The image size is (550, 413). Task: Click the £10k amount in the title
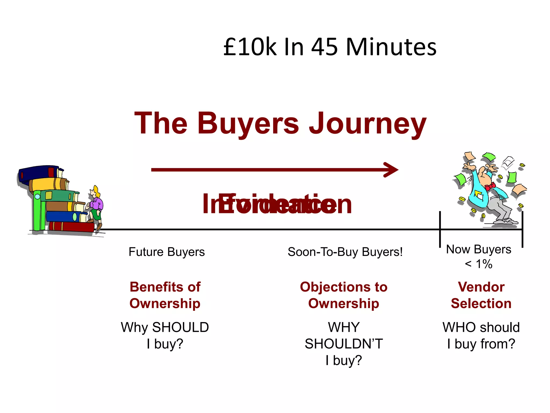click(x=250, y=47)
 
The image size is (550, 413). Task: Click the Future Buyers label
click(x=167, y=252)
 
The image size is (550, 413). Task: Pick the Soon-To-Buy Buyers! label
click(x=345, y=252)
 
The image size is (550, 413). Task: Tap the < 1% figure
click(x=479, y=264)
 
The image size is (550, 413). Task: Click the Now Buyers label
click(x=479, y=249)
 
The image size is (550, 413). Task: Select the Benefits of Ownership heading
click(x=165, y=295)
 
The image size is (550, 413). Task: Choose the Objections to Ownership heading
click(x=344, y=295)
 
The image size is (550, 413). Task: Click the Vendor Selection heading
click(x=481, y=295)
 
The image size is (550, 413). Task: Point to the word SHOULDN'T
click(x=344, y=344)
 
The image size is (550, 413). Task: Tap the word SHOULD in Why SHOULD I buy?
click(x=180, y=327)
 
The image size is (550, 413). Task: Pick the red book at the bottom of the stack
click(x=71, y=226)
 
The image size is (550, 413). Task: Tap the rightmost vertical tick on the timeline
click(x=522, y=229)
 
